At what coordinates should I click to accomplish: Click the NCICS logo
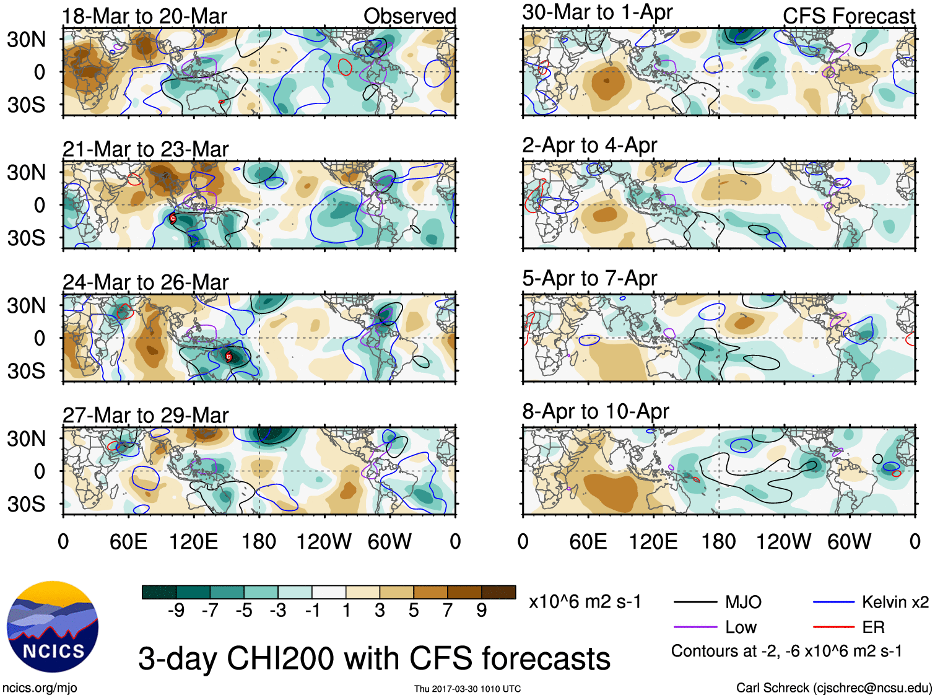pyautogui.click(x=53, y=627)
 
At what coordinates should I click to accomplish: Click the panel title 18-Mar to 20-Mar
pyautogui.click(x=145, y=16)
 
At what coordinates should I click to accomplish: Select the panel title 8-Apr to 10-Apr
pyautogui.click(x=596, y=411)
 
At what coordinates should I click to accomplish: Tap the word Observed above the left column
pyautogui.click(x=409, y=16)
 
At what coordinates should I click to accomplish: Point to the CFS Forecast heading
pyautogui.click(x=848, y=16)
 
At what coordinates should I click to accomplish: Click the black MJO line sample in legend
pyautogui.click(x=695, y=601)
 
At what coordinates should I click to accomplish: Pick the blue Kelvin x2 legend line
pyautogui.click(x=833, y=601)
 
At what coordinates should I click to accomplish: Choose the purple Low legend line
pyautogui.click(x=695, y=627)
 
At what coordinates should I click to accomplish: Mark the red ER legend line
pyautogui.click(x=833, y=627)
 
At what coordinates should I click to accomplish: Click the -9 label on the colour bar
pyautogui.click(x=176, y=611)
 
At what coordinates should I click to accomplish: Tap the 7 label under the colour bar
pyautogui.click(x=448, y=611)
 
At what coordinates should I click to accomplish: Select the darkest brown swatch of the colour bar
pyautogui.click(x=498, y=592)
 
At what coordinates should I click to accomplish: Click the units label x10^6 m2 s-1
pyautogui.click(x=585, y=601)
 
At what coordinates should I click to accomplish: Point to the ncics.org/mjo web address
pyautogui.click(x=40, y=687)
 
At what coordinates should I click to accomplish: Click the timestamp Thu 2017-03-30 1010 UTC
pyautogui.click(x=468, y=689)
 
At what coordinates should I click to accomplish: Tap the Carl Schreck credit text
pyautogui.click(x=833, y=687)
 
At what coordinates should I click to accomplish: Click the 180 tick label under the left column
pyautogui.click(x=259, y=542)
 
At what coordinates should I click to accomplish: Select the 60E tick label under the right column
pyautogui.click(x=588, y=542)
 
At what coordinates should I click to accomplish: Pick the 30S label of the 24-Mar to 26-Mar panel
pyautogui.click(x=26, y=371)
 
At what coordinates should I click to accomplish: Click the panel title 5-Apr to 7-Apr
pyautogui.click(x=589, y=278)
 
